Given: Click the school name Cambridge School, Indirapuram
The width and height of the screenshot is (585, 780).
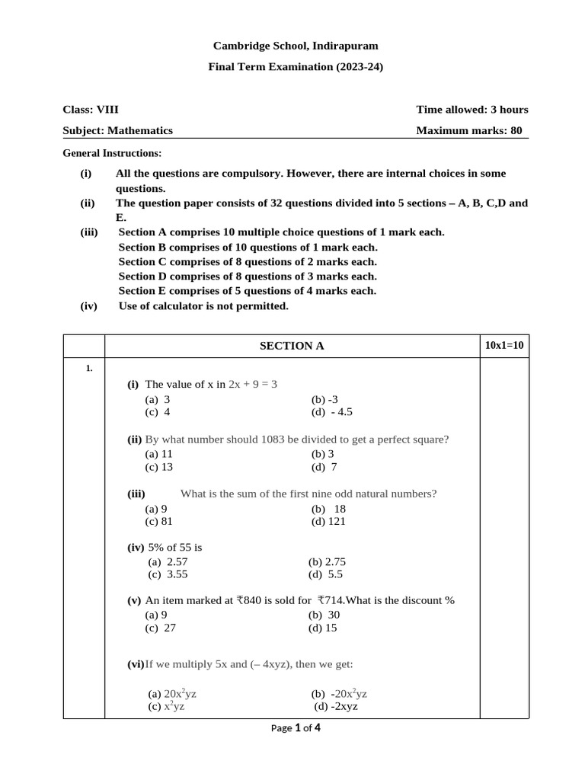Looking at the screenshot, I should pos(295,46).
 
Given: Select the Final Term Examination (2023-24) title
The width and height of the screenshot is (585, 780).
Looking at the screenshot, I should pos(296,67).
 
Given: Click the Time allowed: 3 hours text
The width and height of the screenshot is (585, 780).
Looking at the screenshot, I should pos(472,110).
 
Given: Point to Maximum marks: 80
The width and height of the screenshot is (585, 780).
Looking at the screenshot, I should pos(468,130).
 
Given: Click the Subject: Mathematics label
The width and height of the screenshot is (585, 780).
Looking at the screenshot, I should pos(117,130).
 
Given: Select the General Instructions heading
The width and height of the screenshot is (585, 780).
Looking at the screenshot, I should pos(112,153).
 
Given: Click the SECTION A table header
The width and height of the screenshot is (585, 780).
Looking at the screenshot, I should pos(292,346).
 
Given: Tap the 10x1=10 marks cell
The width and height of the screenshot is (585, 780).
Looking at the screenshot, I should pos(504,345).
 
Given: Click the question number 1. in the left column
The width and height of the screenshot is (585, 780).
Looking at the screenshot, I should pos(89,369).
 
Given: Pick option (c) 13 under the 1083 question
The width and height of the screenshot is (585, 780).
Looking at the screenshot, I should pos(159,467).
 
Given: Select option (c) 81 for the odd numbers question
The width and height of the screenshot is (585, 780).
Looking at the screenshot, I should pos(159,521).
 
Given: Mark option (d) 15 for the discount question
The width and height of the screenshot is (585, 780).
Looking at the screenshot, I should pos(322,628).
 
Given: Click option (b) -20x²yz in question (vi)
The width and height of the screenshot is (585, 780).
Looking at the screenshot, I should pos(339,694).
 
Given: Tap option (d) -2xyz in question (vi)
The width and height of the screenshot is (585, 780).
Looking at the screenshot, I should pos(336,706).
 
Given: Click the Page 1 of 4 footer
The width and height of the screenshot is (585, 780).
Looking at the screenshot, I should pos(296,728).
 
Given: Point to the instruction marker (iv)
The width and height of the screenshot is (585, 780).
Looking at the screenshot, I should pos(89,306).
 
